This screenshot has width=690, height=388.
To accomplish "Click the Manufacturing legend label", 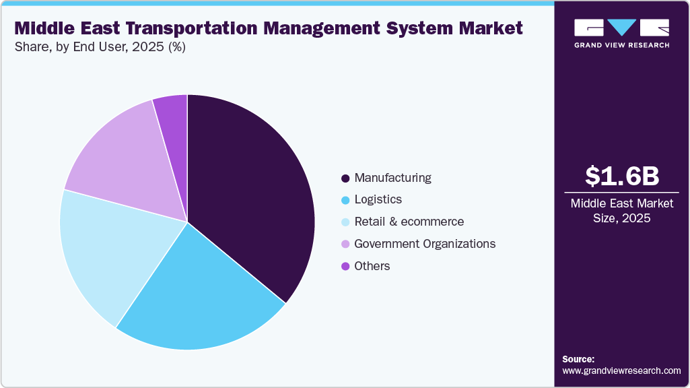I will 392,178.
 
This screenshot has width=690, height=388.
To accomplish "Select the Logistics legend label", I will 378,199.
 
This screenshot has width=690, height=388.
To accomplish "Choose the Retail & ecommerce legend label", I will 409,222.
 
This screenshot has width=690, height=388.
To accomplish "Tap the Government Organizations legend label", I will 425,244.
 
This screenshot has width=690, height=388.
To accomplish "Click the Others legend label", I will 372,266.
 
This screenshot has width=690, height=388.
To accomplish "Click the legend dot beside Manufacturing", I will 345,179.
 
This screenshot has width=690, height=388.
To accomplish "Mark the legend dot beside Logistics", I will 345,200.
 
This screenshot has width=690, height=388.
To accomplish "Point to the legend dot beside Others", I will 345,266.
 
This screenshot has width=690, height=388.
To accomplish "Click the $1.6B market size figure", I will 621,176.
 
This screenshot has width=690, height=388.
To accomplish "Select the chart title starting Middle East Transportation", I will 268,28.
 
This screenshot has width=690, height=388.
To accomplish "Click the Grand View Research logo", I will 621,32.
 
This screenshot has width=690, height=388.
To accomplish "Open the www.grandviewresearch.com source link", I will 621,371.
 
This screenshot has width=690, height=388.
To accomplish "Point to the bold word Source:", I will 578,359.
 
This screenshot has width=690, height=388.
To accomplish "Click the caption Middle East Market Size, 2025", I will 621,211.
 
